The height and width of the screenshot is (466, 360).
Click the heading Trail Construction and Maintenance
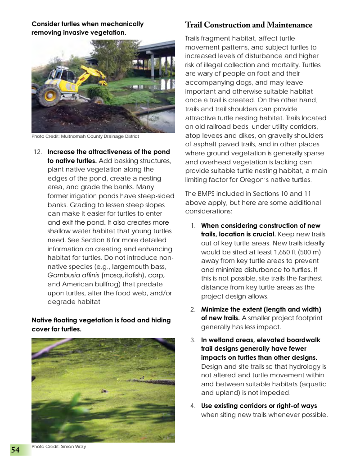point(248,25)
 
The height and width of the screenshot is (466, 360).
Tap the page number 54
point(15,450)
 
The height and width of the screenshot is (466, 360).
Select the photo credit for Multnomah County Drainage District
point(85,136)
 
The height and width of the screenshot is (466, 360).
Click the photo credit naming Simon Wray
point(58,447)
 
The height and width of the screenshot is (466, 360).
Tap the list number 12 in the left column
point(38,152)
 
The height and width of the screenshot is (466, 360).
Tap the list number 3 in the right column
point(193,340)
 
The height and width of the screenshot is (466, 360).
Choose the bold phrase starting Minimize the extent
point(261,309)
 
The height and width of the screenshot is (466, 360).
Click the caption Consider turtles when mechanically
point(87,24)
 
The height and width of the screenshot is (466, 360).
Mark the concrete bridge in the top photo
point(153,50)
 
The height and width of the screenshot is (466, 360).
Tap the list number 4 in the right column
point(193,406)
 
